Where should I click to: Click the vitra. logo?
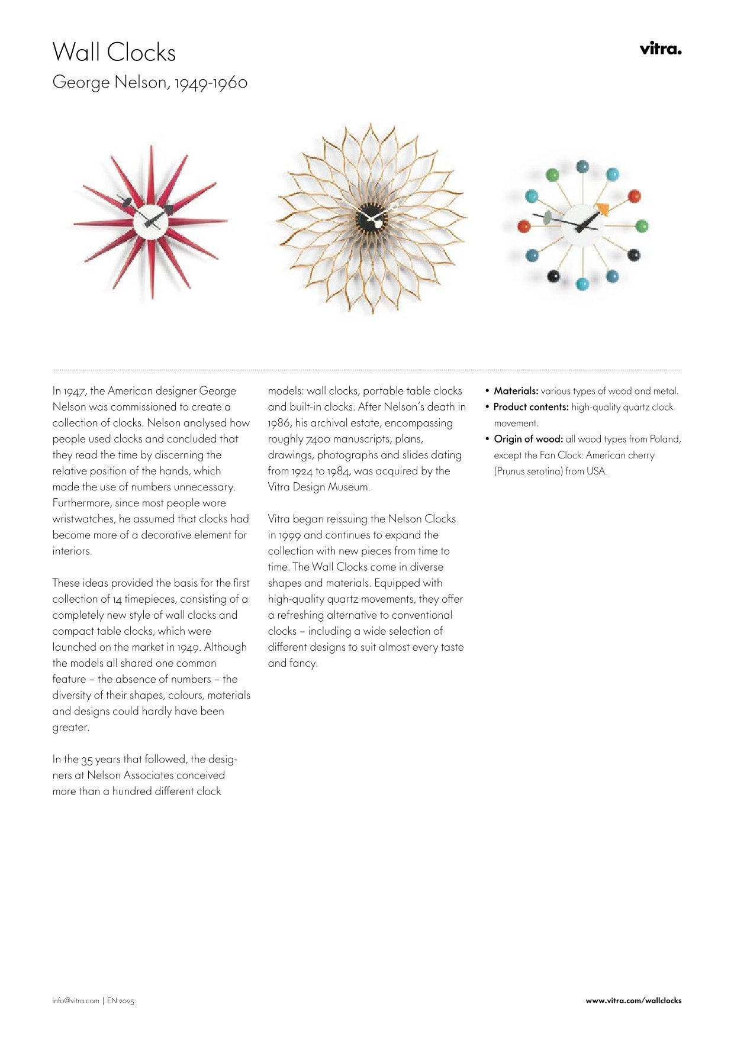pos(660,49)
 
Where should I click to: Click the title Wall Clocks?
pos(114,53)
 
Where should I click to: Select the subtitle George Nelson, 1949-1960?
pos(150,82)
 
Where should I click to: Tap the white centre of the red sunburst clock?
pos(150,222)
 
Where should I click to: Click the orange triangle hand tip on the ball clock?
pos(602,209)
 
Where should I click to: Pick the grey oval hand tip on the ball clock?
pos(548,218)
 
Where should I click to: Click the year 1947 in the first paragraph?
pos(75,391)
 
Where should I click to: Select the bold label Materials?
pos(516,391)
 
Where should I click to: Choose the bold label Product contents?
pos(531,407)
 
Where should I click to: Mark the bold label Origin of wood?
pos(528,439)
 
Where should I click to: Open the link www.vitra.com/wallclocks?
pos(633,1001)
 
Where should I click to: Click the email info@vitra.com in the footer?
pos(76,1001)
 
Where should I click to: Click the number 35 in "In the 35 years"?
pos(87,760)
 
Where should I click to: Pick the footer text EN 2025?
pos(121,1001)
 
